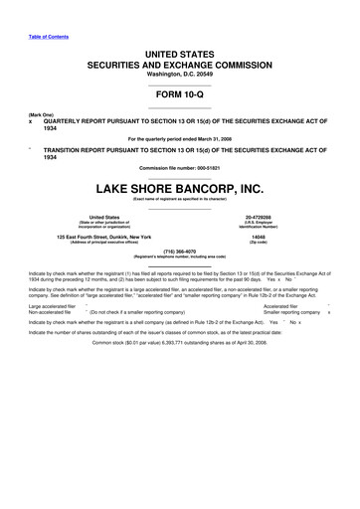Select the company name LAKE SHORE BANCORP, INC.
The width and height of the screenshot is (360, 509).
pyautogui.click(x=180, y=186)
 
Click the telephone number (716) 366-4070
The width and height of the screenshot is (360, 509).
pyautogui.click(x=180, y=253)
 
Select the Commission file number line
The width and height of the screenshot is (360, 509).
pyautogui.click(x=180, y=166)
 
